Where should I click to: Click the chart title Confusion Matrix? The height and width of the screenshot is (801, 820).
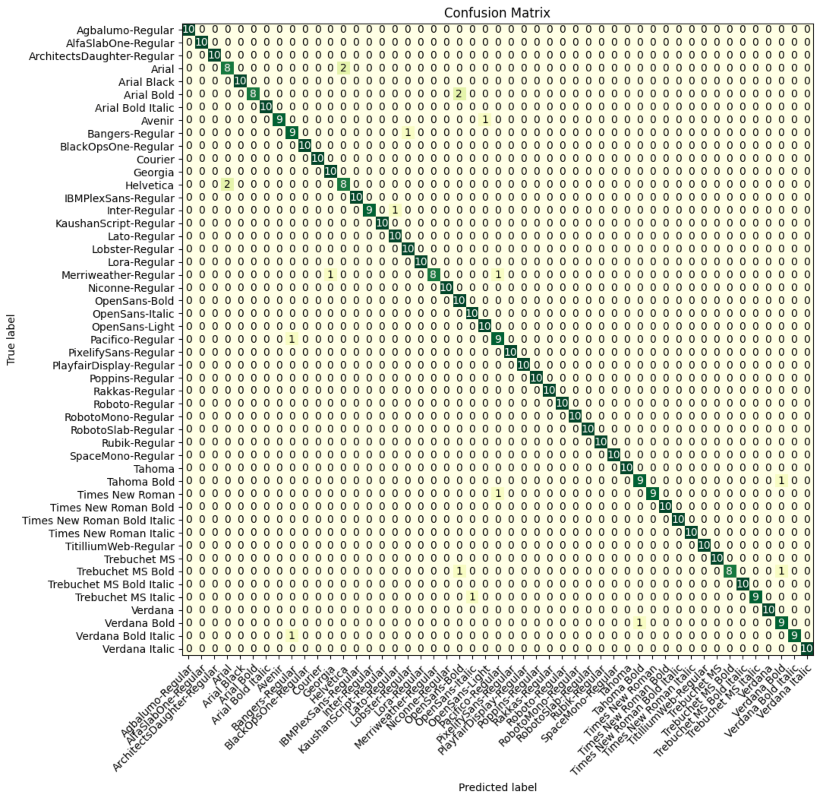click(x=497, y=13)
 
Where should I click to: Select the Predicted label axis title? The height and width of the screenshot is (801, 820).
click(x=497, y=787)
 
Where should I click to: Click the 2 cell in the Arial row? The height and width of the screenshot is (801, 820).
click(x=344, y=68)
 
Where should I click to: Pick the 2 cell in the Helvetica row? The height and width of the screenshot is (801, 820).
click(x=227, y=185)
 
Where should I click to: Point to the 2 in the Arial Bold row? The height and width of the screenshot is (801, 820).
click(x=459, y=94)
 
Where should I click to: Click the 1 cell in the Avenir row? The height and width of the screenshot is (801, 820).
click(x=485, y=120)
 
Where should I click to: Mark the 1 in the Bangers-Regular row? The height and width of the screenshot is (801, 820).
click(x=408, y=133)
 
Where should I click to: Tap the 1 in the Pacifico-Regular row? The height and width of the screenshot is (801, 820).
click(x=292, y=339)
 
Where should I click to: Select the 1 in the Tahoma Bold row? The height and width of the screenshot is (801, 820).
click(x=781, y=481)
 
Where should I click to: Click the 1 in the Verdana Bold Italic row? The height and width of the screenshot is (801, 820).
click(x=292, y=636)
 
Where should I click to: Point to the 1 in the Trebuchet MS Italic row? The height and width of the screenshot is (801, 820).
click(x=472, y=597)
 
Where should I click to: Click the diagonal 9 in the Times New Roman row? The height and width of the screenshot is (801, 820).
click(x=652, y=494)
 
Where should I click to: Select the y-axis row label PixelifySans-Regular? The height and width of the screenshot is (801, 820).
click(x=121, y=353)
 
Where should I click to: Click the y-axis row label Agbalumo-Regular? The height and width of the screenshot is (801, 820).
click(x=125, y=30)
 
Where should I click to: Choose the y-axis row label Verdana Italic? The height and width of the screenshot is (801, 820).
click(x=138, y=649)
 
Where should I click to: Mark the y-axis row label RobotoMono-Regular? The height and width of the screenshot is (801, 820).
click(x=119, y=417)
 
